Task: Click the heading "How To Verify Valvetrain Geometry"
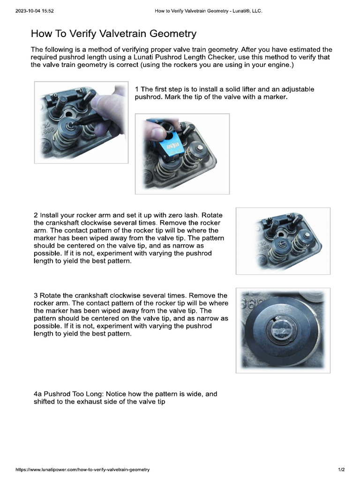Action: (x=113, y=34)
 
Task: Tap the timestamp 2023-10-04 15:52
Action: (x=35, y=11)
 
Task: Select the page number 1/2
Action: (x=341, y=469)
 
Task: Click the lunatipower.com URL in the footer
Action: (x=82, y=469)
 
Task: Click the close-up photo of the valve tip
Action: (x=283, y=330)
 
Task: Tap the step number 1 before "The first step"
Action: (x=136, y=89)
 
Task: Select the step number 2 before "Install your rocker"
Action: (x=36, y=215)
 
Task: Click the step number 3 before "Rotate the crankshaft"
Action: (x=36, y=295)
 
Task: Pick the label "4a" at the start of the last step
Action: (x=37, y=394)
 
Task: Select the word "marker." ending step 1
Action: (x=273, y=97)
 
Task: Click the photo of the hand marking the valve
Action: (x=81, y=122)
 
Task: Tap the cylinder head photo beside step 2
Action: (x=283, y=240)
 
